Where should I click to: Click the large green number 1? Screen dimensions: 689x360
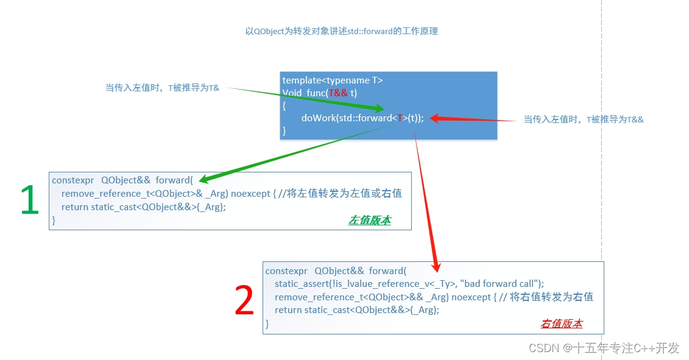tap(29, 201)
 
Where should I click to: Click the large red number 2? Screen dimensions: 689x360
tap(244, 301)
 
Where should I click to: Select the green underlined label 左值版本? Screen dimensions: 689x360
tap(369, 221)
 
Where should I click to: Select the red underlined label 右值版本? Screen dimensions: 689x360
tap(561, 323)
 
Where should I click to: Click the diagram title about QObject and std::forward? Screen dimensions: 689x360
tap(341, 31)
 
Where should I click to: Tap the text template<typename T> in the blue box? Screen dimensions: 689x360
tap(333, 80)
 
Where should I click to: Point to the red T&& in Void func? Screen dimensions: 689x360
tap(338, 93)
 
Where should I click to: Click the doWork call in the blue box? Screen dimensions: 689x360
tap(362, 118)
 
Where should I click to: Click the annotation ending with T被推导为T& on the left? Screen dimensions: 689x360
tap(162, 88)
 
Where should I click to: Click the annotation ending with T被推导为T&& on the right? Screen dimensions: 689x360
tap(583, 119)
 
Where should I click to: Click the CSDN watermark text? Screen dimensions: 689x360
tap(603, 348)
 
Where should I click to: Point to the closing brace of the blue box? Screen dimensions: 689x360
tap(284, 130)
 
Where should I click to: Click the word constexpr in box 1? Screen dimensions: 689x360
tap(72, 180)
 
